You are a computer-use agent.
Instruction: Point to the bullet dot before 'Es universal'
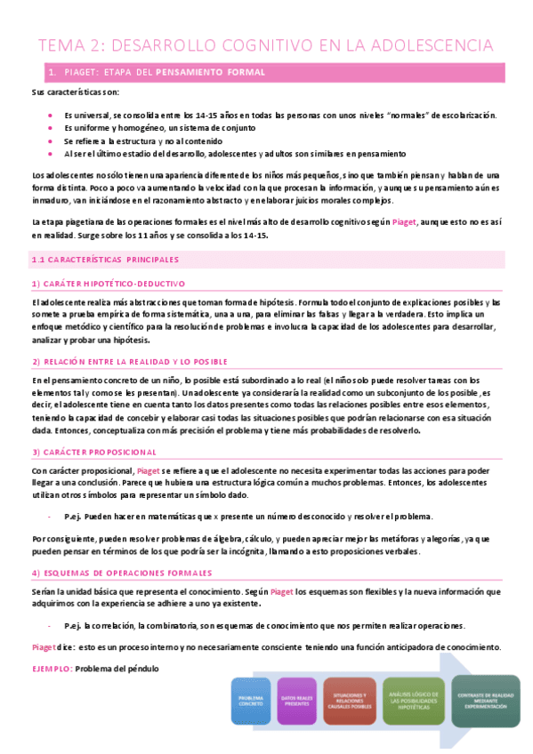pos(50,116)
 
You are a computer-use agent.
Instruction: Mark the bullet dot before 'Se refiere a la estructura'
pos(50,140)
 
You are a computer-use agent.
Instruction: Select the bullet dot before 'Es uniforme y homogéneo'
pos(50,128)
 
